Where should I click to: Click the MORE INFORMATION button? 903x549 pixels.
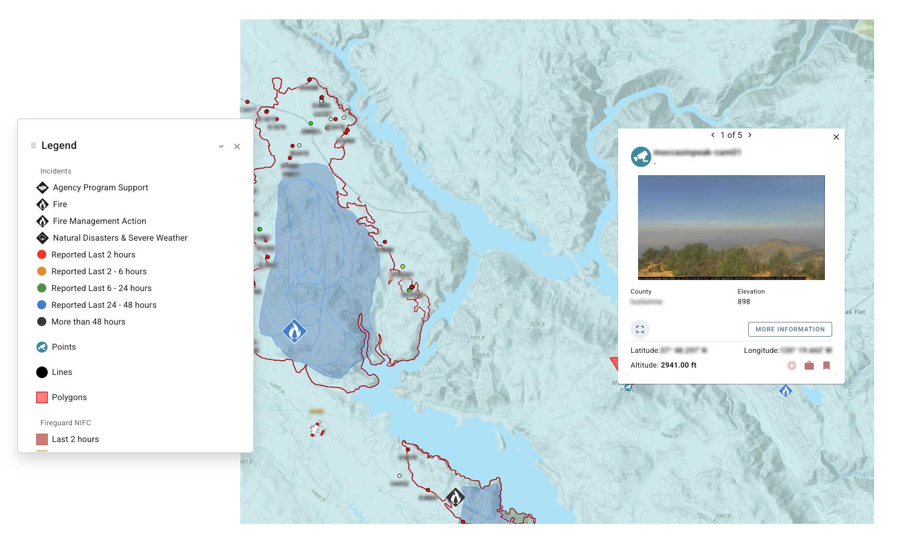point(790,329)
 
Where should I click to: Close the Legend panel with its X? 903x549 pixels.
point(237,146)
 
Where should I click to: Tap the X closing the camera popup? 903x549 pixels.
point(836,137)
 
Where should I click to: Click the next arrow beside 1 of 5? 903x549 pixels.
point(750,135)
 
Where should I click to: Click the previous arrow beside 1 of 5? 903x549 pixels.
point(713,135)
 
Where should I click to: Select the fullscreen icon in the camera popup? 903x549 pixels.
point(640,329)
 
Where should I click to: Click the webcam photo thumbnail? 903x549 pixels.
point(731,227)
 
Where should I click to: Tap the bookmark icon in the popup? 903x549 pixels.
point(826,365)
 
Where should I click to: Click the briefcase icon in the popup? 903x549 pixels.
point(809,365)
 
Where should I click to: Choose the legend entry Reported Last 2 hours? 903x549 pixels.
point(93,255)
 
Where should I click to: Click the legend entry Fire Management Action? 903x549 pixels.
point(99,221)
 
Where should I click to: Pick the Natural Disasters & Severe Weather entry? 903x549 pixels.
point(120,238)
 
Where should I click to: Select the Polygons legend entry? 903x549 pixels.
point(69,397)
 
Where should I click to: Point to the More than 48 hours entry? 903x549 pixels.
point(88,322)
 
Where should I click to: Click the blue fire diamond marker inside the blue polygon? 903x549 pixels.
point(294,331)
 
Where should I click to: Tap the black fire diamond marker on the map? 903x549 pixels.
point(455,497)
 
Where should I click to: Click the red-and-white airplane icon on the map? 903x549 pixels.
point(317,429)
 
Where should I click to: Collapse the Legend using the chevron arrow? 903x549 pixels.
point(221,146)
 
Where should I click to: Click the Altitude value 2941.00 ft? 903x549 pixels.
point(678,365)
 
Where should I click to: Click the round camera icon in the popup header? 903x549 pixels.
point(641,156)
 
